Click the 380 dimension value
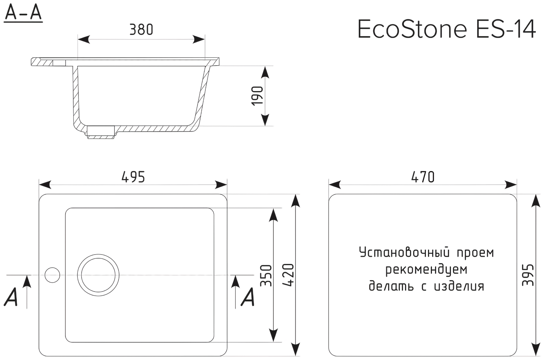click(x=141, y=30)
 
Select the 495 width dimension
click(x=133, y=177)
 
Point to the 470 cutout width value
click(x=423, y=177)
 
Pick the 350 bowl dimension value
click(x=266, y=275)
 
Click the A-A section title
click(x=23, y=14)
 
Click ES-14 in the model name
click(x=506, y=29)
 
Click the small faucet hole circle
click(x=52, y=275)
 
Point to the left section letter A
click(x=12, y=297)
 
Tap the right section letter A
click(x=248, y=297)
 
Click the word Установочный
click(x=404, y=253)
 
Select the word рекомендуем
click(x=426, y=269)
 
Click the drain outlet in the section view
click(x=101, y=132)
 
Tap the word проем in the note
click(x=475, y=253)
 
